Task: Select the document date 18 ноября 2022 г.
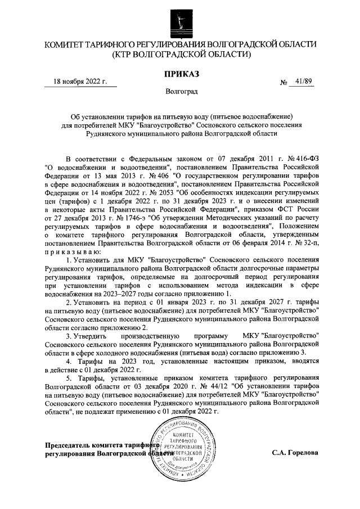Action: [80, 82]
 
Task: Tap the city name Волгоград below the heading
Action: [181, 91]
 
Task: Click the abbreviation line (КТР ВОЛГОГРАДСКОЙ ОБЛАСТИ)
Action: [180, 55]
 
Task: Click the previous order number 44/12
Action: [173, 388]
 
